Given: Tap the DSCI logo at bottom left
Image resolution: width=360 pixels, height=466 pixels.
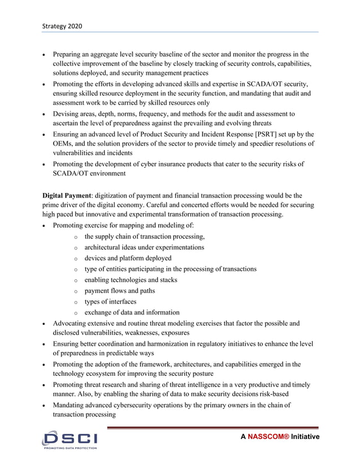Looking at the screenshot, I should tap(69, 437).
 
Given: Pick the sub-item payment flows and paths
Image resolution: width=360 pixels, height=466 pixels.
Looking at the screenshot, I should tap(120, 291).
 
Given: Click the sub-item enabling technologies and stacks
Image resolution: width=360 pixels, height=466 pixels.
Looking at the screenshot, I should tap(131, 280).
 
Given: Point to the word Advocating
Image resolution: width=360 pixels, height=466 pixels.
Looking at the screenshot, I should tap(72, 323).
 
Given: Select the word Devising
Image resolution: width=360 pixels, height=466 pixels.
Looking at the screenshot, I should tap(67, 114).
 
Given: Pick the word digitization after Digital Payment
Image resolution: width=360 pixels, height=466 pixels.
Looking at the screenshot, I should tap(115, 195).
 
